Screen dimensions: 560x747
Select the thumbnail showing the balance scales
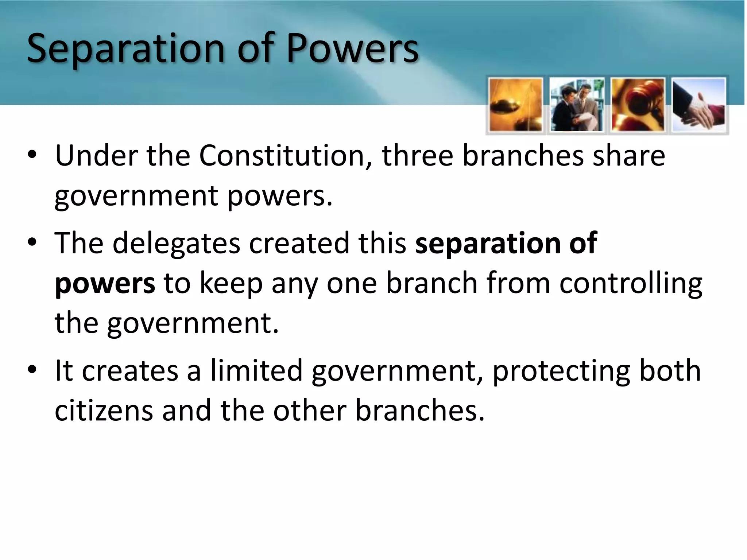515,105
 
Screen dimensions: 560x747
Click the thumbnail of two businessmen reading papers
576,105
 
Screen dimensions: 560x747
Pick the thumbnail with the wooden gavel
638,105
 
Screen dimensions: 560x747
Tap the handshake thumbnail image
698,105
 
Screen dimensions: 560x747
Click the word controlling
631,284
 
